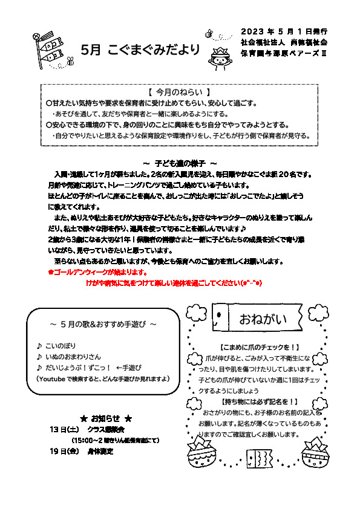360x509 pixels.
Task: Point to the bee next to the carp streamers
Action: (70, 61)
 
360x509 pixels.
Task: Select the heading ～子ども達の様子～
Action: (180, 163)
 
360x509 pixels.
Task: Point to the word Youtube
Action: (55, 378)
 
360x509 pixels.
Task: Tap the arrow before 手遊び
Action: (119, 368)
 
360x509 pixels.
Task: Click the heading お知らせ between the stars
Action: (105, 418)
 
